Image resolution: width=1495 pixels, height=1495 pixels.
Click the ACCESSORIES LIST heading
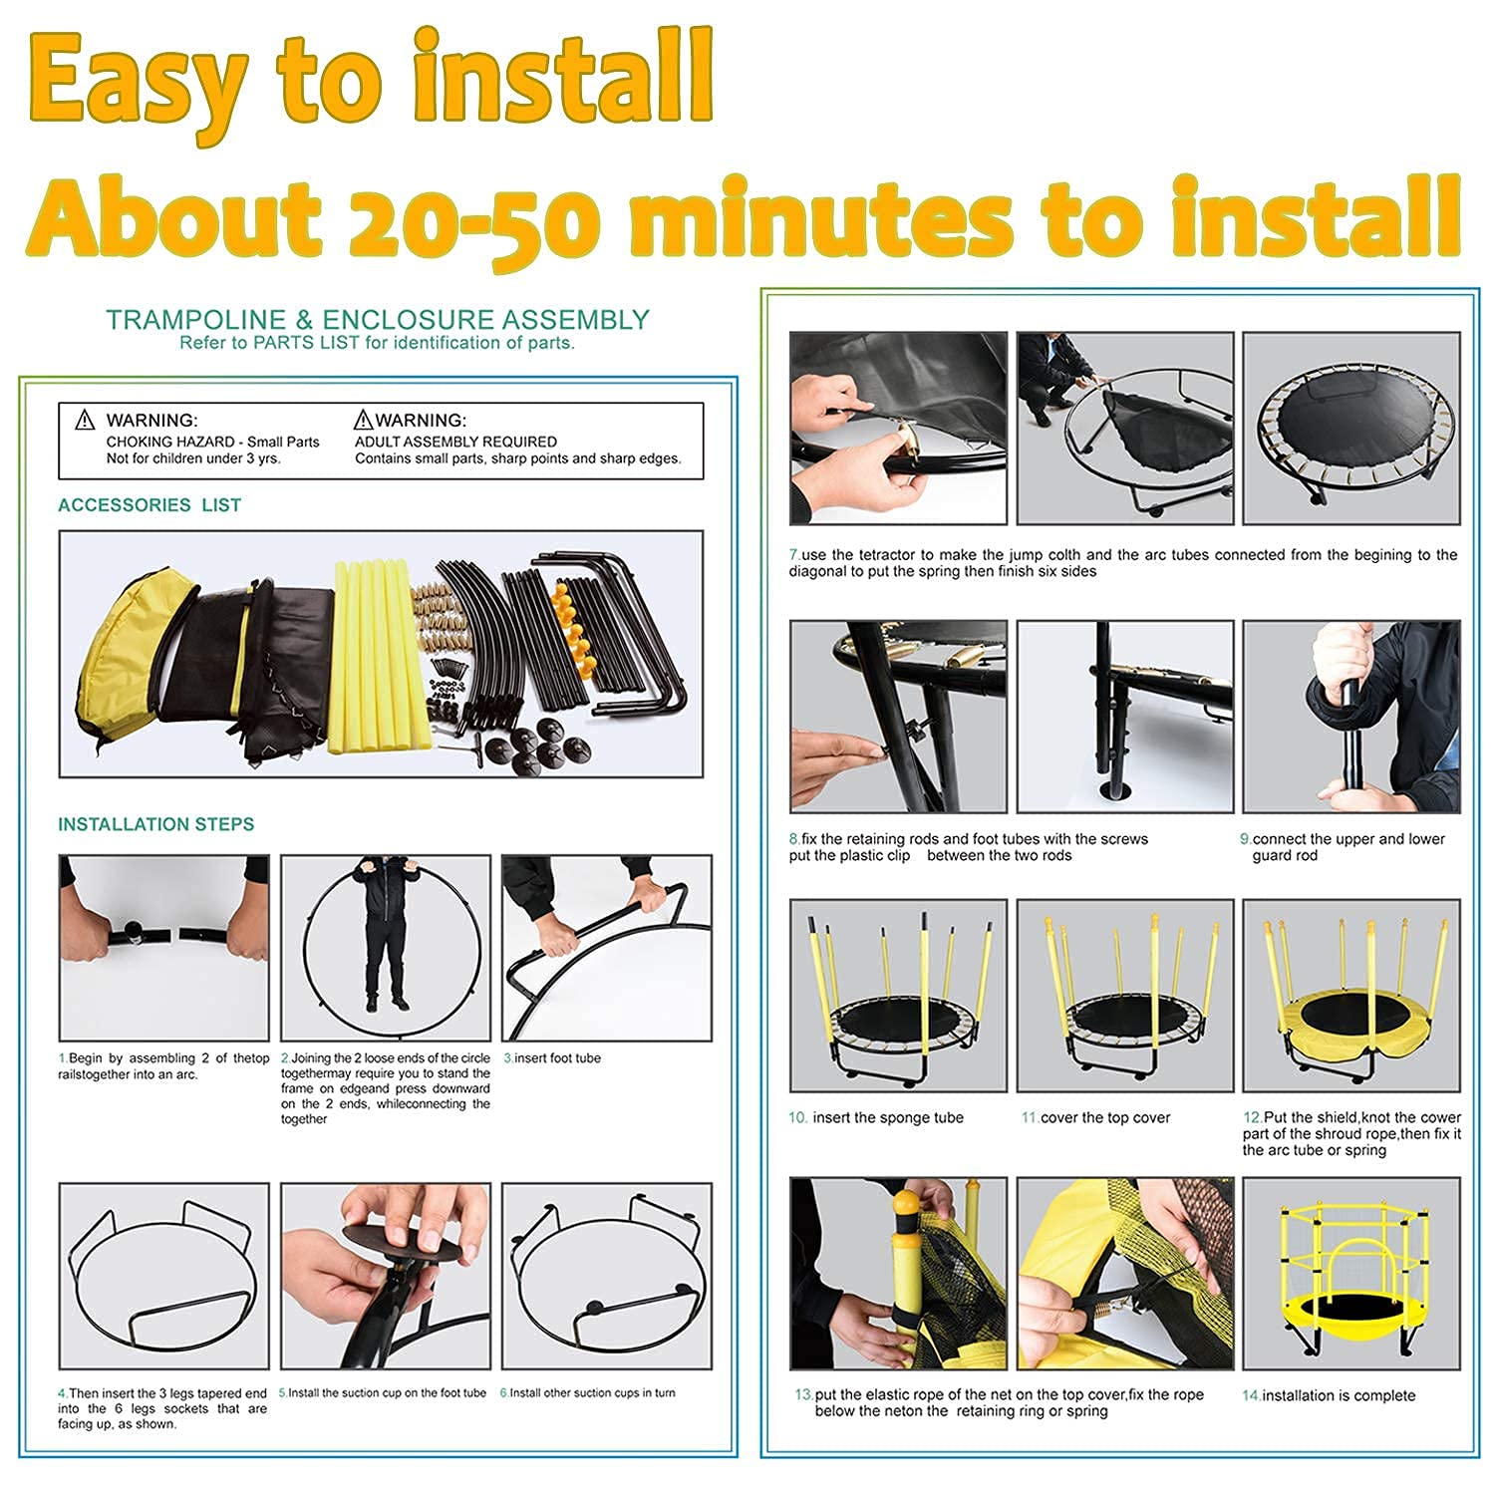point(149,505)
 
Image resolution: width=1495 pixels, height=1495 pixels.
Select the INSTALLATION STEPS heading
point(156,824)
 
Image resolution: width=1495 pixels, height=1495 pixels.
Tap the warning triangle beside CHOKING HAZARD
point(86,421)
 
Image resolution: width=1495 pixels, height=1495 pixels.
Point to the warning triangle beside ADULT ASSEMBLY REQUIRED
point(364,421)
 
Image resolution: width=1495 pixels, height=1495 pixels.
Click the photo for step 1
point(164,948)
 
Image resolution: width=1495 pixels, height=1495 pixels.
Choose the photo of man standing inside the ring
point(386,948)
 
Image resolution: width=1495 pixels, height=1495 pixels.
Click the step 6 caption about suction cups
point(587,1393)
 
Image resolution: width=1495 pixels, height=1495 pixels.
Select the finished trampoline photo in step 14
point(1351,1274)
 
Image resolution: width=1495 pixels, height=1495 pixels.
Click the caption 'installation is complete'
point(1329,1395)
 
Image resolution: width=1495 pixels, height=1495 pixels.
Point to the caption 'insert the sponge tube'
point(876,1118)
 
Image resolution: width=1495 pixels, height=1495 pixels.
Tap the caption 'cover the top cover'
point(1095,1118)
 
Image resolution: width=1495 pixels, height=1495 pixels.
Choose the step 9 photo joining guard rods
point(1351,717)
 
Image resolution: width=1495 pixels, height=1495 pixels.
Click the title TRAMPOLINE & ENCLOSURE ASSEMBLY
point(378,320)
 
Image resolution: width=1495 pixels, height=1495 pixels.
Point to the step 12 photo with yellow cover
point(1351,995)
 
